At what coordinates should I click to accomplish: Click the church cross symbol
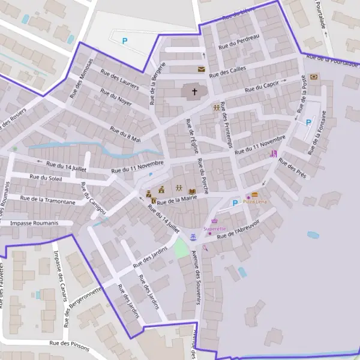pyautogui.click(x=194, y=92)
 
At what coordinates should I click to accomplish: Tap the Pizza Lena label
pyautogui.click(x=256, y=202)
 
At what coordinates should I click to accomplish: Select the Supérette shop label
pyautogui.click(x=214, y=229)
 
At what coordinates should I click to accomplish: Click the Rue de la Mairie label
pyautogui.click(x=178, y=199)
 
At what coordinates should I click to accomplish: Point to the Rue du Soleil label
pyautogui.click(x=46, y=177)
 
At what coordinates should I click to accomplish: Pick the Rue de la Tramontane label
pyautogui.click(x=48, y=200)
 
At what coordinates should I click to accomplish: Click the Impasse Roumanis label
pyautogui.click(x=34, y=223)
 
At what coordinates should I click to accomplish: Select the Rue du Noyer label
pyautogui.click(x=116, y=98)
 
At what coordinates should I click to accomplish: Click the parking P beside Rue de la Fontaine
pyautogui.click(x=308, y=122)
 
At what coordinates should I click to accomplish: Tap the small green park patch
pyautogui.click(x=182, y=248)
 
